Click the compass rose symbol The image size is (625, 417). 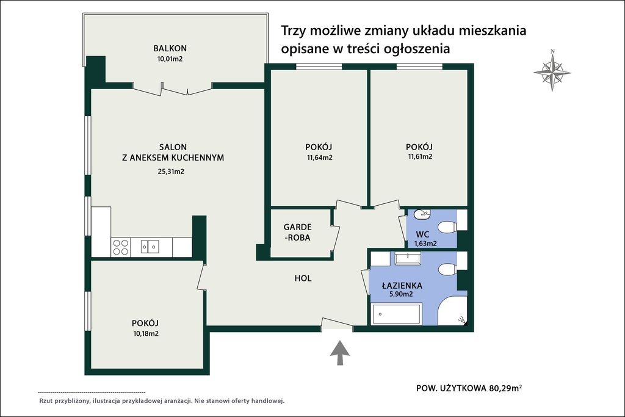tap(552, 72)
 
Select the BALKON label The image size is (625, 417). tap(170, 48)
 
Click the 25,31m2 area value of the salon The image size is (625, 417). tap(171, 172)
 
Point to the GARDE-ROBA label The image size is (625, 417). tap(298, 232)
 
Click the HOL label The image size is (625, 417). tap(303, 278)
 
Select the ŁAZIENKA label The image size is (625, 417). tap(402, 285)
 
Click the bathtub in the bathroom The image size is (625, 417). tap(396, 315)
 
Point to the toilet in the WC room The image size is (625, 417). tap(447, 227)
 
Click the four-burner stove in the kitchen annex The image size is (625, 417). tap(121, 247)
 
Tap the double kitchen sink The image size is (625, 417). tap(150, 247)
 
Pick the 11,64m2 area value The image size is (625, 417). tap(320, 158)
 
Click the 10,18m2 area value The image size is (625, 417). tap(145, 333)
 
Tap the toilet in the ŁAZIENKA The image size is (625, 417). tap(448, 269)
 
